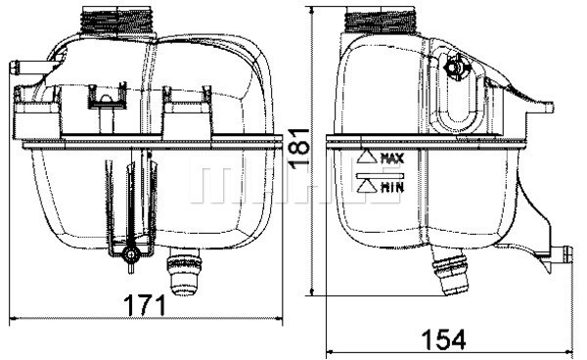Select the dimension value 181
(304, 150)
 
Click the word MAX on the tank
(392, 157)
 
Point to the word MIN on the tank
(392, 185)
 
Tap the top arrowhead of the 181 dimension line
(312, 10)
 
